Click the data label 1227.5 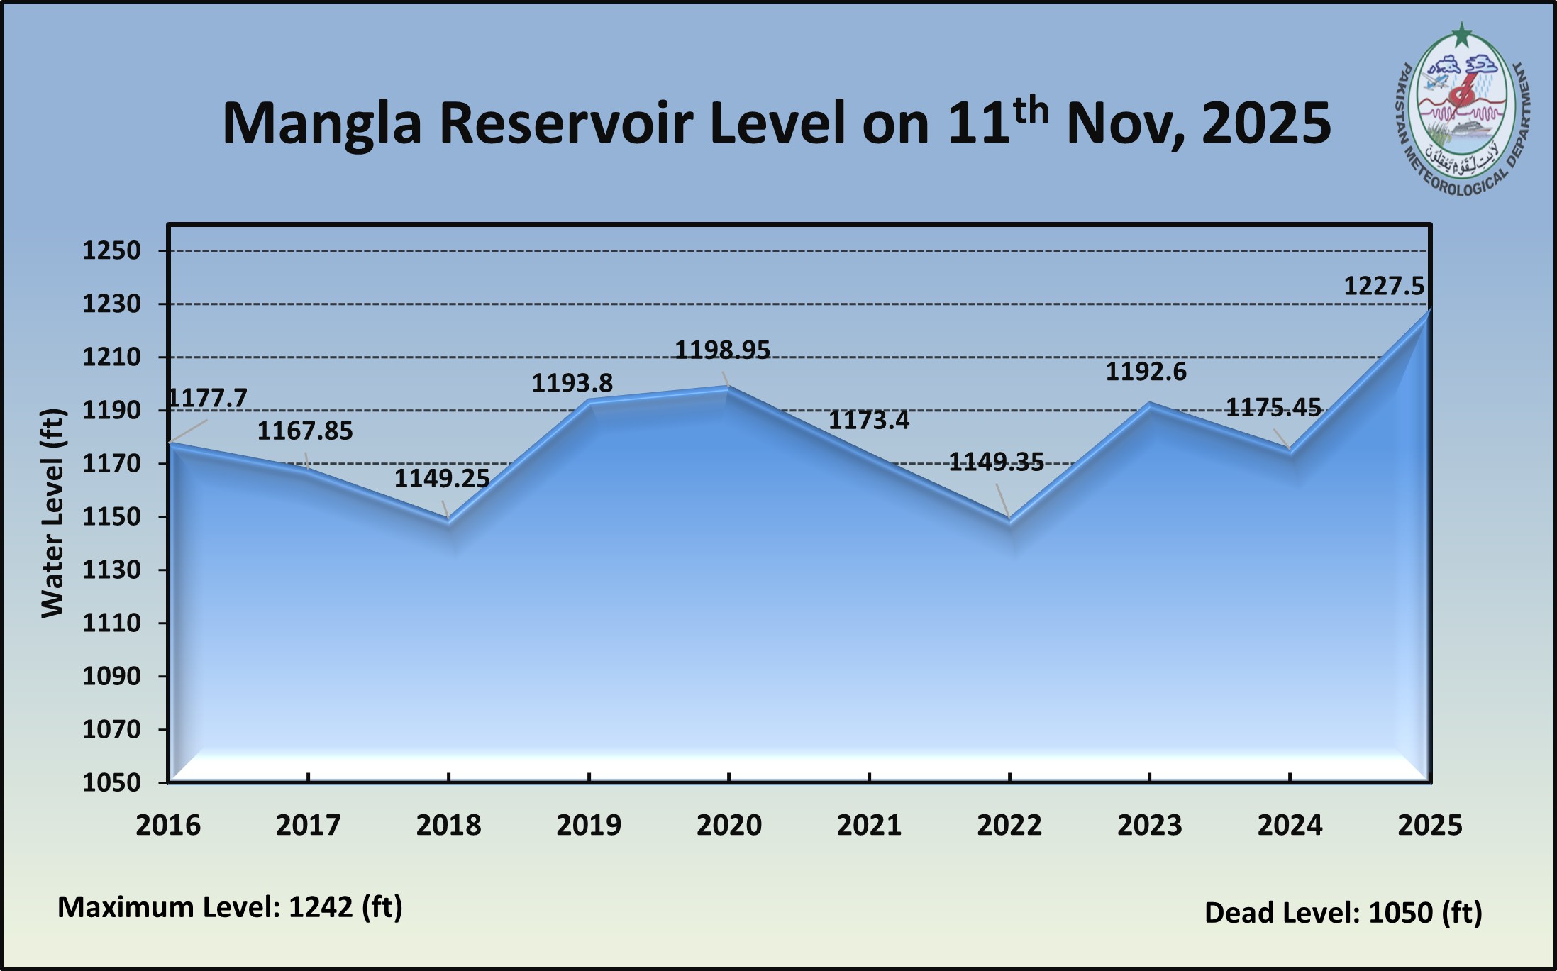1384,287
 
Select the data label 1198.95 722,350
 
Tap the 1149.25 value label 442,479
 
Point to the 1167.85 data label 305,431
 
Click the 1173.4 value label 869,421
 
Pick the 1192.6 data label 1146,372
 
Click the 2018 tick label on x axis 448,825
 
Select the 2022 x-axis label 1009,825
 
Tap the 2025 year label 1429,825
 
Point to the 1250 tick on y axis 111,250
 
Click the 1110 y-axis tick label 111,623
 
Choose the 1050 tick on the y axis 111,782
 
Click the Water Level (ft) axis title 52,513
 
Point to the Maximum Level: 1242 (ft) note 230,907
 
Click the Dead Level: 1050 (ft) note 1343,913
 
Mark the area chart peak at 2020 728,387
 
